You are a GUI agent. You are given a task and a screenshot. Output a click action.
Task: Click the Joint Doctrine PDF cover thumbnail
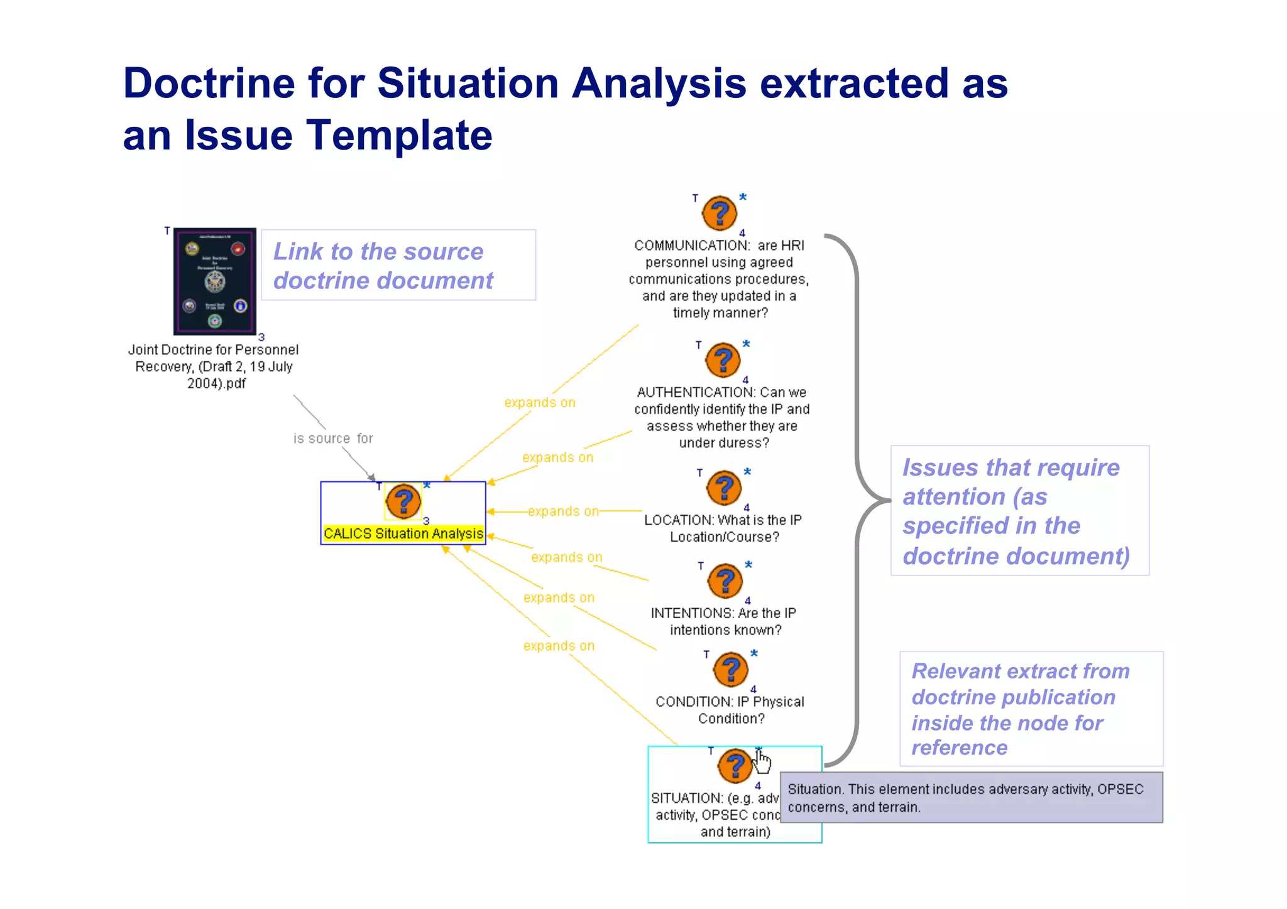click(215, 281)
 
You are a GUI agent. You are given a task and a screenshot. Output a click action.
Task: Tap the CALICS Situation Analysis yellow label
click(403, 533)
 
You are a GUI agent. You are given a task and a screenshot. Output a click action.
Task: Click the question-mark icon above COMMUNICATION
click(719, 214)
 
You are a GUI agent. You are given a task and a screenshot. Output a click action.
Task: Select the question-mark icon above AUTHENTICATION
click(723, 360)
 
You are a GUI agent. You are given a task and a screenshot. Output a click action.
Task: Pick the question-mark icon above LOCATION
click(724, 488)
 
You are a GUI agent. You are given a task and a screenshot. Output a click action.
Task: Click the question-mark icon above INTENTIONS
click(725, 581)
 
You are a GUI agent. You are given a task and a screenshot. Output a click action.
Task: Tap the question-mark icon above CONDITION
click(730, 670)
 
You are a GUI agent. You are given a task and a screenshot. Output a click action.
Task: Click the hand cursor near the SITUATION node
click(762, 762)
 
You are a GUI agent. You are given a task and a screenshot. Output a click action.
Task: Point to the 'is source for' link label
click(333, 438)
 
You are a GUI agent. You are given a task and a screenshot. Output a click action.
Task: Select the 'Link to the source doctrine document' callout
click(398, 265)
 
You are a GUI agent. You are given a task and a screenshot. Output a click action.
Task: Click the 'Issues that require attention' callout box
click(1019, 511)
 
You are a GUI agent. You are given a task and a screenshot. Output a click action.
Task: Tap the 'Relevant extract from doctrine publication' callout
click(1031, 709)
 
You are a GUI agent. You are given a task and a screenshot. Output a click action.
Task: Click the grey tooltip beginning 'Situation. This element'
click(971, 797)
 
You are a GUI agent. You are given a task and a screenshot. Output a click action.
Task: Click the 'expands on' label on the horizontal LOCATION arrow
click(563, 511)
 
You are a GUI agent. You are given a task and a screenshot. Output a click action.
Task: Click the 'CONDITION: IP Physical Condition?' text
click(730, 710)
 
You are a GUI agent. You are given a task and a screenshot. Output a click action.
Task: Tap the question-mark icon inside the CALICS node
click(403, 501)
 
